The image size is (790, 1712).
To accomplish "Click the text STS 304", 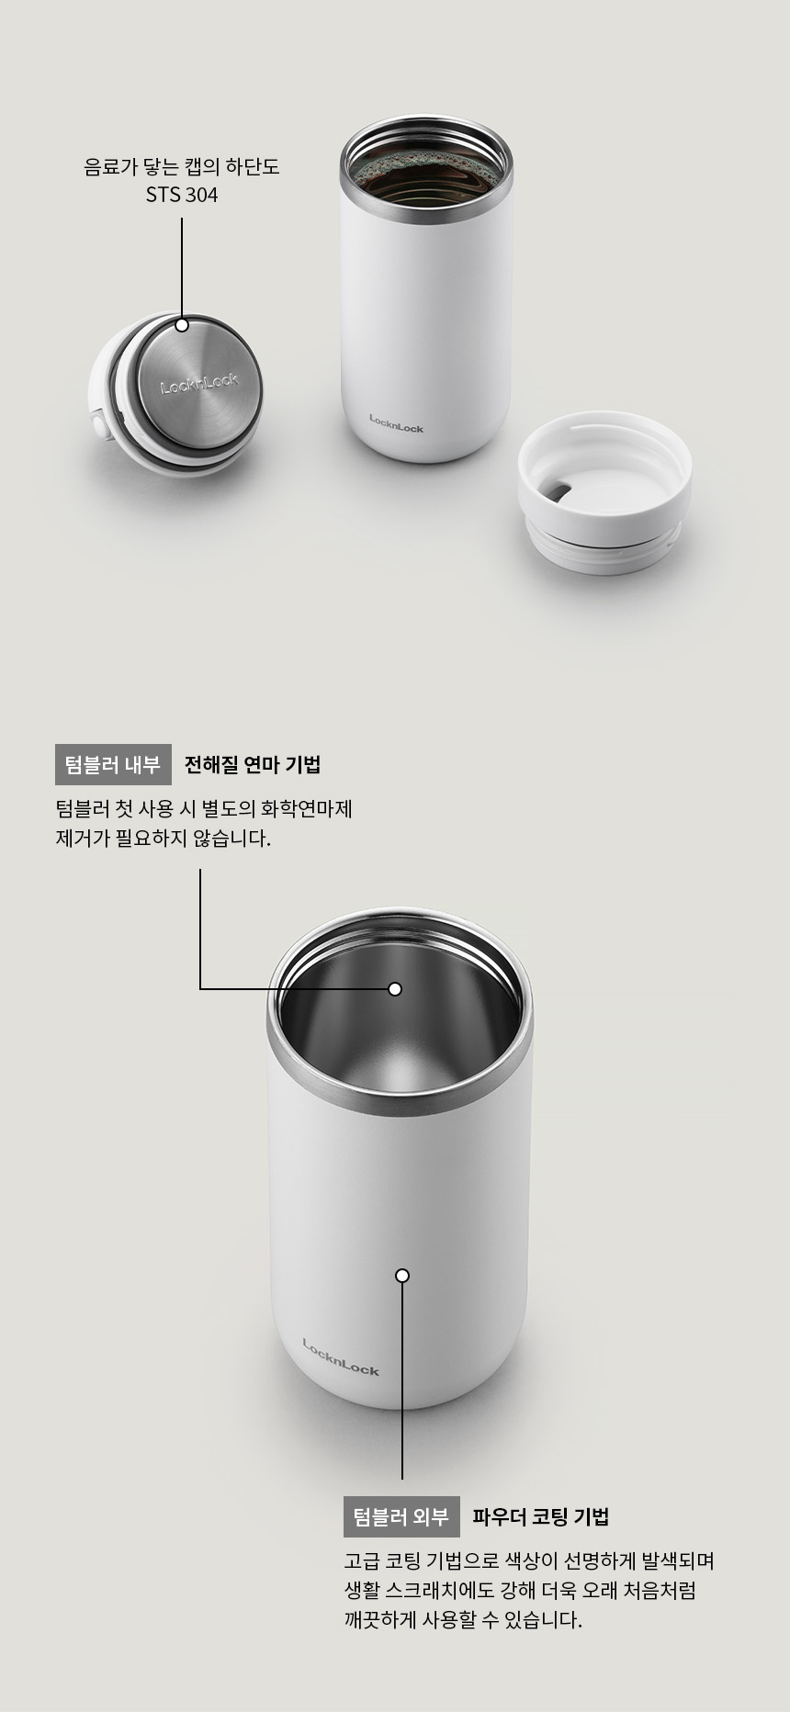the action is (182, 195).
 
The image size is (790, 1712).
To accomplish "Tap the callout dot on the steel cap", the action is (182, 325).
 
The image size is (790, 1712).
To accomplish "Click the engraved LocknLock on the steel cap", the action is (199, 382).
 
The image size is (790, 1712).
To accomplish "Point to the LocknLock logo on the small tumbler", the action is (396, 423).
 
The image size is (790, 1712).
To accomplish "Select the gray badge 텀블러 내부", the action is (113, 764).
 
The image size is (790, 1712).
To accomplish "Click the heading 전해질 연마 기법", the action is (253, 764).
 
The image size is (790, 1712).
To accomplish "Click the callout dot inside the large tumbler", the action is (395, 989).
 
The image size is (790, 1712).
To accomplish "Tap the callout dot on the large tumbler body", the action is (402, 1276).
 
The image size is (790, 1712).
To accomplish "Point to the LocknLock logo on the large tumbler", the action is (341, 1357).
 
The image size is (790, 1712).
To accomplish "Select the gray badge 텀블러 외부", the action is (401, 1516).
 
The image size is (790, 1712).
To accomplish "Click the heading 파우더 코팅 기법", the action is (541, 1516).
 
